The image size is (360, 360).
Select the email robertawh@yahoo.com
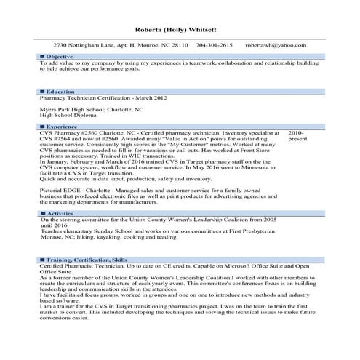276,45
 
